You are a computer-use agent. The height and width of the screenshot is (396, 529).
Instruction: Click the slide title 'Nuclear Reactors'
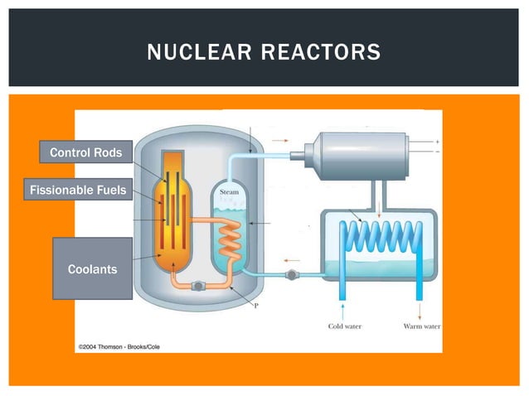coord(264,54)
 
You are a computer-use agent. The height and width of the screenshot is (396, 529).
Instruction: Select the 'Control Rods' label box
coord(85,152)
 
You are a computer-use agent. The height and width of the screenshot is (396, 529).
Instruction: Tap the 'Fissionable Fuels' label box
coord(78,191)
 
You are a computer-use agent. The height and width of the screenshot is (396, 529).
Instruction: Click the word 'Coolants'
coord(92,269)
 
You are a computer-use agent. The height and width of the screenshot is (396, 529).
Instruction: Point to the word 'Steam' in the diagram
coord(230,192)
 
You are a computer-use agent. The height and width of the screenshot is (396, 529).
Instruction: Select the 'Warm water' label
coord(420,326)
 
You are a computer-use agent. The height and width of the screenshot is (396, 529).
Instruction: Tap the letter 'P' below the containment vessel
coord(255,306)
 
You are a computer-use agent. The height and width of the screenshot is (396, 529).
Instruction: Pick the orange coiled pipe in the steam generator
coord(231,244)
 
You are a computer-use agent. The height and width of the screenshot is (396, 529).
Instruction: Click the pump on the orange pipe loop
coord(199,285)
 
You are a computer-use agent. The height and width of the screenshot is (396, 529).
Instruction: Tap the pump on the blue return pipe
coord(290,274)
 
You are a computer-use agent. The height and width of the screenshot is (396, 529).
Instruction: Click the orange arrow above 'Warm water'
coord(419,310)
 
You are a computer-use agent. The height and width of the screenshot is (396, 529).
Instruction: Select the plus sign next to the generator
coord(437,142)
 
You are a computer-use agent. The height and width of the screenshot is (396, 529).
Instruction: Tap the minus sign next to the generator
coord(437,152)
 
